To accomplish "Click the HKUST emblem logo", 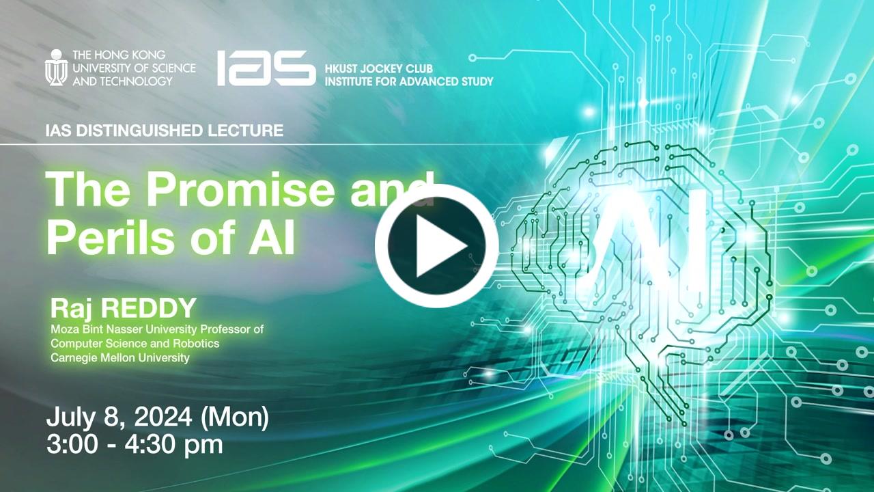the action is [x=57, y=68].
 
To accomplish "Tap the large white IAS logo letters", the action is [x=266, y=68].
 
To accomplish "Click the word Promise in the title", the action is [x=240, y=190].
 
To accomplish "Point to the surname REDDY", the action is [x=150, y=308].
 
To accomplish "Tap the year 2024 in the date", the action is [x=163, y=417].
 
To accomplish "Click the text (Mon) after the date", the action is [x=235, y=417].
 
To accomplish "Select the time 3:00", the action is [x=72, y=444].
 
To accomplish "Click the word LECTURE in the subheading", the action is [x=245, y=131].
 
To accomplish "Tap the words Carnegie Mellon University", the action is [x=119, y=357].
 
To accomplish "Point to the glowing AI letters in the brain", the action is [x=644, y=238].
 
